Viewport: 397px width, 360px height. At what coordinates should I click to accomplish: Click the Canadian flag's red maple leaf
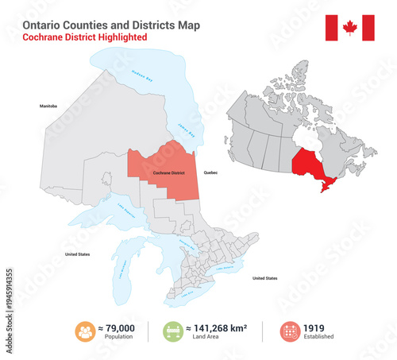(x=350, y=29)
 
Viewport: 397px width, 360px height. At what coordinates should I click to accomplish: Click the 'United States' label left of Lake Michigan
(x=78, y=254)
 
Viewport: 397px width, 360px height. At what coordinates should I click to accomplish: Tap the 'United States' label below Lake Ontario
(x=264, y=279)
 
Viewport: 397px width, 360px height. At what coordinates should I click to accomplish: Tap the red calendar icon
(x=291, y=331)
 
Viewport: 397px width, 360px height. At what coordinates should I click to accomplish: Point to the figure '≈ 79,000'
(x=117, y=327)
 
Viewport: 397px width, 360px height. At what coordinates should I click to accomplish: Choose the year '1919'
(x=316, y=327)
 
